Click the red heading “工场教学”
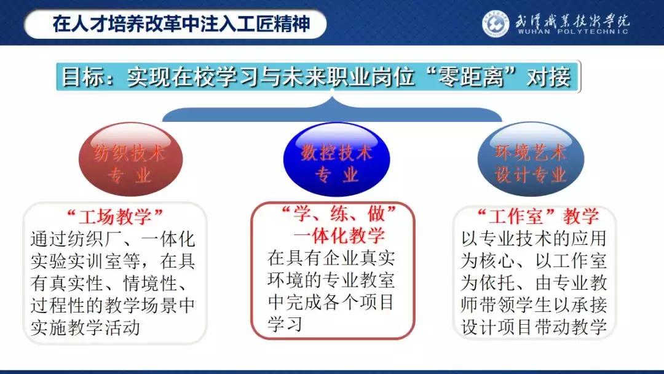[x=115, y=216]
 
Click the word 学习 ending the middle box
[x=285, y=324]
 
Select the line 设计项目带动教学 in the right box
[x=534, y=327]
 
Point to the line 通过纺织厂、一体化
[x=113, y=239]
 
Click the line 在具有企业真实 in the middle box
[x=331, y=257]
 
